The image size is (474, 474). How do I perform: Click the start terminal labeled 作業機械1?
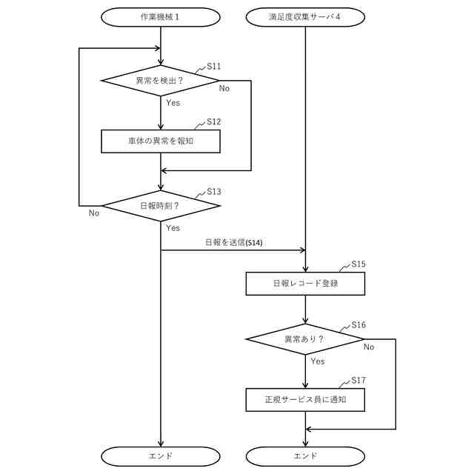[160, 17]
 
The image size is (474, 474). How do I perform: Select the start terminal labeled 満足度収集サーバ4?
[305, 17]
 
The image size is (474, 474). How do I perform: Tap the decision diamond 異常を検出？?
[160, 80]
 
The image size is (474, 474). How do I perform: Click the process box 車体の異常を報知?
[160, 141]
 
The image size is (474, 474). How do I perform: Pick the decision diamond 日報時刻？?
[160, 205]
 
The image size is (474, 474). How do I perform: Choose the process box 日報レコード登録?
[305, 283]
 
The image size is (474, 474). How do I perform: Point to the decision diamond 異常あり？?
[305, 339]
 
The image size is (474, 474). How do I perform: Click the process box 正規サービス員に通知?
[305, 400]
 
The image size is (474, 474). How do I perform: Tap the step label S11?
[214, 66]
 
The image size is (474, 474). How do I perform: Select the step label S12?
[214, 121]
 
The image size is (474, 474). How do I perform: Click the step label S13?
[214, 191]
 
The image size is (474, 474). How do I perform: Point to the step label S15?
[358, 264]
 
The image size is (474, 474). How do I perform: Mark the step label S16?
[358, 325]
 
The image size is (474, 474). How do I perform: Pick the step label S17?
[358, 381]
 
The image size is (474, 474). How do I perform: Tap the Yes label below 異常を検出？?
[173, 103]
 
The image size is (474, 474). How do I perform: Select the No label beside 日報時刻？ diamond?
[94, 213]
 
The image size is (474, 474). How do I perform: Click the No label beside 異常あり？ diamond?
[369, 347]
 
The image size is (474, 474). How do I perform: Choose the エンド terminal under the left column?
[160, 455]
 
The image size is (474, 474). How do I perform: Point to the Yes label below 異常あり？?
[318, 361]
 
